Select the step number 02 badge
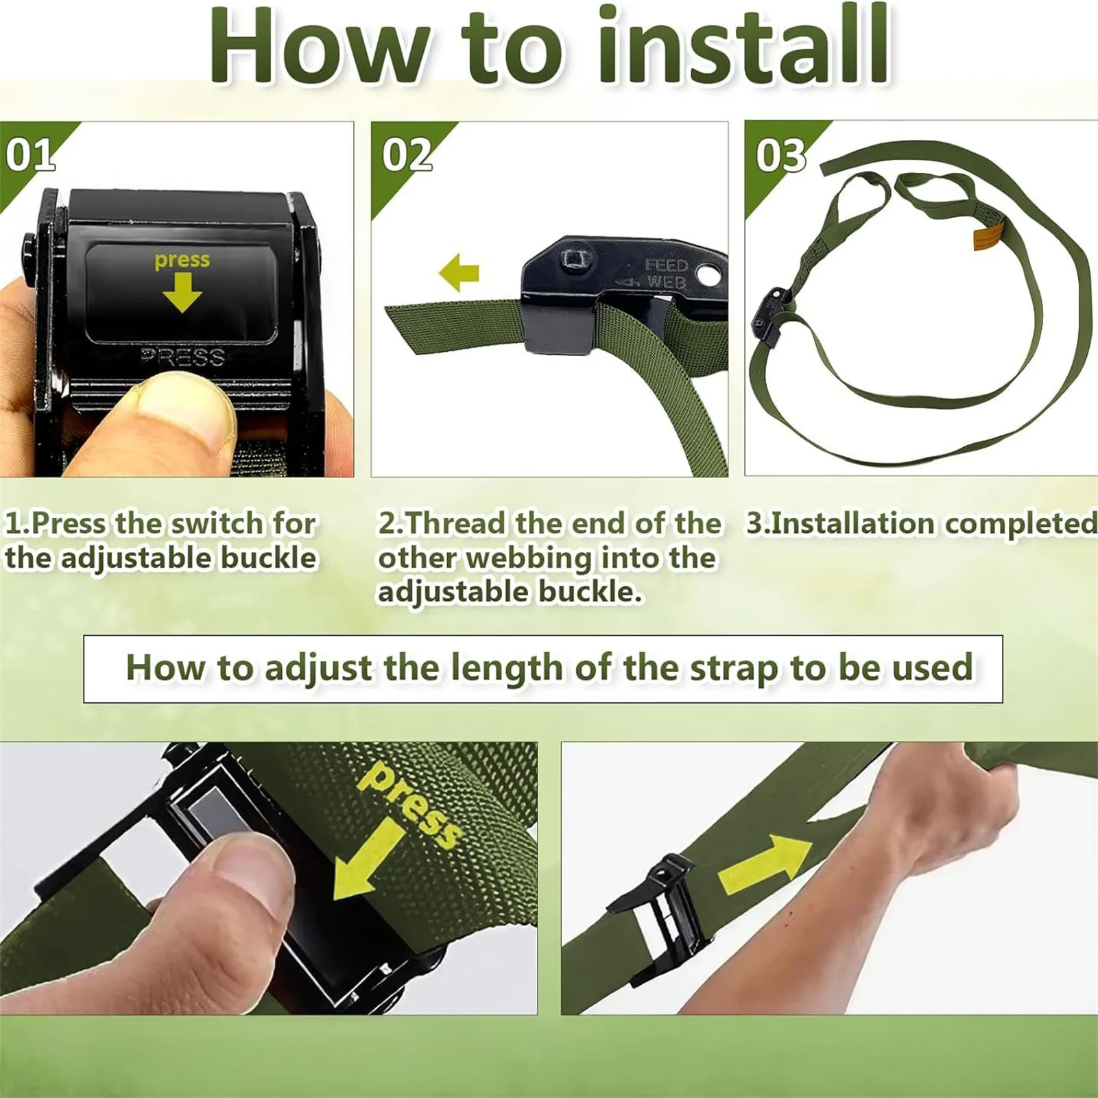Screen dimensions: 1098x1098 pyautogui.click(x=407, y=155)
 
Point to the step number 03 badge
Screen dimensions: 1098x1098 pyautogui.click(x=781, y=155)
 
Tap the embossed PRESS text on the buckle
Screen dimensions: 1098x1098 pyautogui.click(x=182, y=357)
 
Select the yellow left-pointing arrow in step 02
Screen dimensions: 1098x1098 pyautogui.click(x=459, y=273)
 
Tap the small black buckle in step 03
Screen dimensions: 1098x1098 pyautogui.click(x=771, y=317)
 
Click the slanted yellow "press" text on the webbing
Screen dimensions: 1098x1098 pyautogui.click(x=409, y=804)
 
